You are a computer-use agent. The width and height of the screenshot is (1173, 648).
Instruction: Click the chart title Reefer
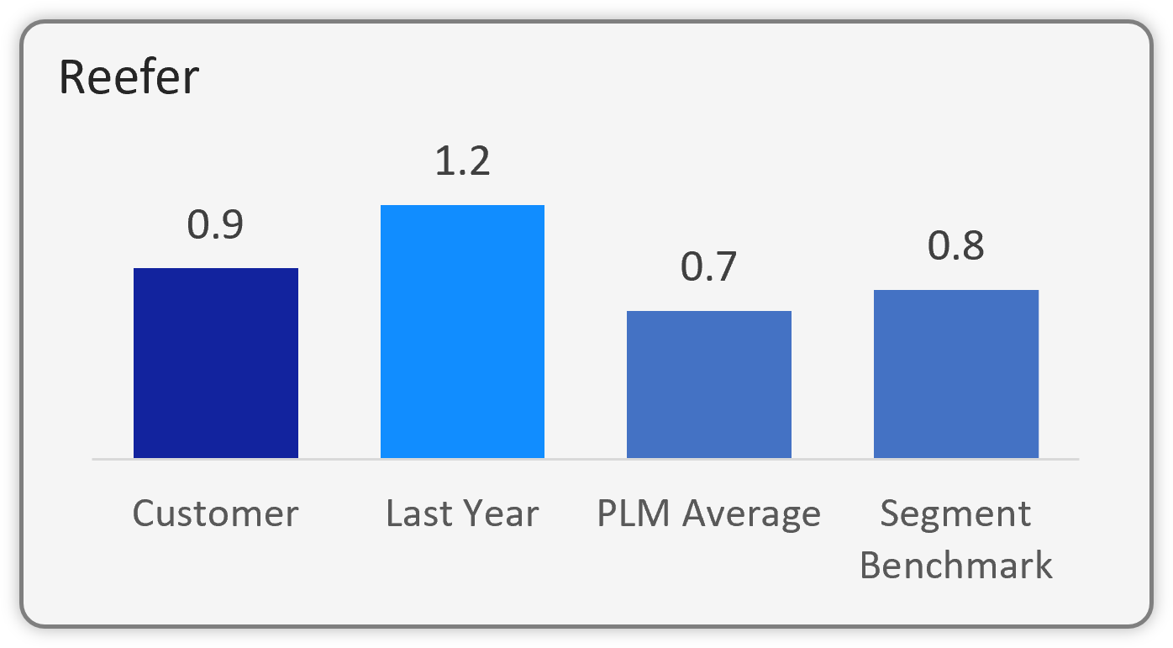click(129, 78)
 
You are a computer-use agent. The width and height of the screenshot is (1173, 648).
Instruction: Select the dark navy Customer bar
click(216, 363)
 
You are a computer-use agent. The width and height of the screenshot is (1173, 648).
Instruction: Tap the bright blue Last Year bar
click(462, 332)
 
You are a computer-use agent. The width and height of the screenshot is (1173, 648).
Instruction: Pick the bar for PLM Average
click(709, 384)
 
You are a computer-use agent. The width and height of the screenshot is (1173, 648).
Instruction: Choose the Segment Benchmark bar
click(956, 374)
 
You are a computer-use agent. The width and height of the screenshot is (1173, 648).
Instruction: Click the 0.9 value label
click(215, 225)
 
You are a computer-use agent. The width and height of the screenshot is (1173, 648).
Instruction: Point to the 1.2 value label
click(462, 161)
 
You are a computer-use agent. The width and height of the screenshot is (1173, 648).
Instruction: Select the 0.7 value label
click(708, 267)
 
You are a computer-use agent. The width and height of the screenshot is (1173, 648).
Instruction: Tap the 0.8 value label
click(955, 247)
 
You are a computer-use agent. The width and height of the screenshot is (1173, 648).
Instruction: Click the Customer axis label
click(215, 514)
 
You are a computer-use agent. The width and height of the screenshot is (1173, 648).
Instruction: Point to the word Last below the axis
click(414, 514)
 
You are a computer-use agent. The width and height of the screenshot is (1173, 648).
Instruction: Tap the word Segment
click(955, 514)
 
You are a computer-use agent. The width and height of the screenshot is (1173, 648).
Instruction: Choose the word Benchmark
click(955, 565)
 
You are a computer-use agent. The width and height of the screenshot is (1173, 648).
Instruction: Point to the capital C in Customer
click(144, 514)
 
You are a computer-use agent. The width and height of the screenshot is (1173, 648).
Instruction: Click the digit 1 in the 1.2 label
click(443, 161)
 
